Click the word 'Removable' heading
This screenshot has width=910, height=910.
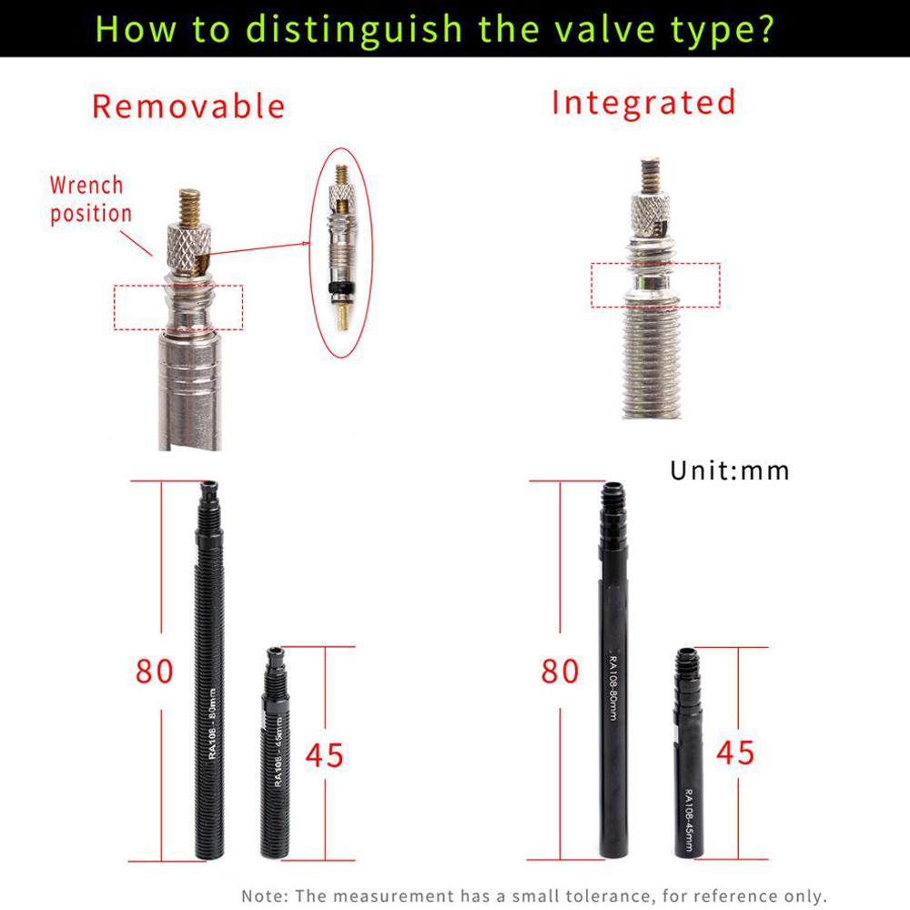188,106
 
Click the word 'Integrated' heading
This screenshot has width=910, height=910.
643,102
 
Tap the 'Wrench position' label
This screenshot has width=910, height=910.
89,199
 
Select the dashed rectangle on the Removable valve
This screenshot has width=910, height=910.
179,308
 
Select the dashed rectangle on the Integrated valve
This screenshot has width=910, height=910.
655,285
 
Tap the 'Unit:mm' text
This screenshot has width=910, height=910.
730,470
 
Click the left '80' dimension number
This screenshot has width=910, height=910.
154,671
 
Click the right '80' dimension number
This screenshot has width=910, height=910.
560,671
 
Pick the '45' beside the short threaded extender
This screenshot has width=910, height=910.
324,754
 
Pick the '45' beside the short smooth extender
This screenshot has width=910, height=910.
735,752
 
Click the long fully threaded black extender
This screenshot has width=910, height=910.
209,673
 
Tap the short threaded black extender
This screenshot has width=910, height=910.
274,755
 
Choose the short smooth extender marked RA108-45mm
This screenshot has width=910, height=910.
689,755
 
